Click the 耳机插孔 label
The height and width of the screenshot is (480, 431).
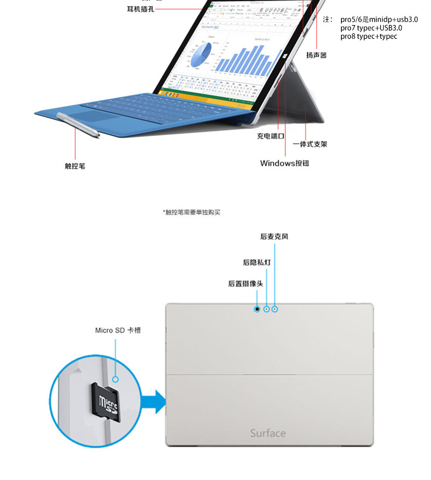pos(141,9)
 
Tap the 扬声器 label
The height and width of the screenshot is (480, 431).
pos(316,55)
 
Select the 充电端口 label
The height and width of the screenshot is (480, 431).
pos(271,136)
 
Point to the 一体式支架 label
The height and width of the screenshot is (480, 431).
pos(310,145)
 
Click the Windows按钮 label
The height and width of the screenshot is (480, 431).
pos(284,163)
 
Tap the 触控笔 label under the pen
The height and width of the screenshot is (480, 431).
pos(75,166)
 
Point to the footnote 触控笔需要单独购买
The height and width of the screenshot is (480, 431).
pos(191,212)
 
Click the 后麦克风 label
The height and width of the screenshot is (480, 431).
pos(274,237)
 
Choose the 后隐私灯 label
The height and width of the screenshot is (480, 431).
pos(256,262)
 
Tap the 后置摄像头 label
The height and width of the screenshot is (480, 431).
pos(246,284)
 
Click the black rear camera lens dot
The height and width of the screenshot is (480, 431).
pos(257,309)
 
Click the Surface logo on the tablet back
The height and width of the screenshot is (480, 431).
pos(267,433)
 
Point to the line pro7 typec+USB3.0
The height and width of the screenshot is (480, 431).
pos(371,28)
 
